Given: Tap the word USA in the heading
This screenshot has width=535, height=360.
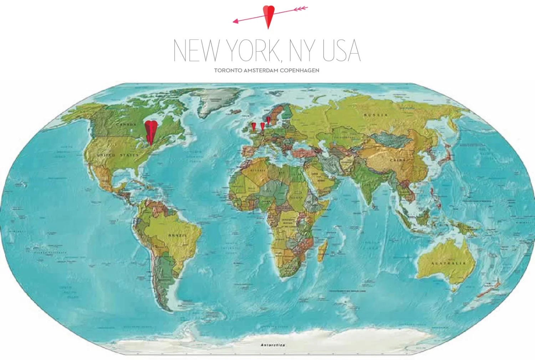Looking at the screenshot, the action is click(x=341, y=51).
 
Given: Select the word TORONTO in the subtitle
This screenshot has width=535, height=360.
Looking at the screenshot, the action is click(x=228, y=70).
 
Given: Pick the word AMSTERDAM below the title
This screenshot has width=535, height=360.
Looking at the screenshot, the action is click(x=261, y=70).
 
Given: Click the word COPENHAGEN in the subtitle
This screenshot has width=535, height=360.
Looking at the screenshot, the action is click(x=299, y=70).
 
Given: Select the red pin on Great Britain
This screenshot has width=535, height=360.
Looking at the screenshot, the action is click(x=254, y=126).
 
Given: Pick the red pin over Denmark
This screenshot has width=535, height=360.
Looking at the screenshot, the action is click(x=269, y=120).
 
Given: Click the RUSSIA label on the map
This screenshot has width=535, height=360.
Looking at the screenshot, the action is click(x=376, y=115).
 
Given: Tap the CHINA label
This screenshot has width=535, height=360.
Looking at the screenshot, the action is click(x=398, y=160).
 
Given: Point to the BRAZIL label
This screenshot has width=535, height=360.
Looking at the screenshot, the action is click(x=177, y=235).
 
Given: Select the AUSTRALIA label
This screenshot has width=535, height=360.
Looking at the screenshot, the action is click(x=448, y=263).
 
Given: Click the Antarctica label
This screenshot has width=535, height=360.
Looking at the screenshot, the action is click(x=273, y=345).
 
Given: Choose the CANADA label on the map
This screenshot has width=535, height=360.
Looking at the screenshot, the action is click(x=126, y=125).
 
